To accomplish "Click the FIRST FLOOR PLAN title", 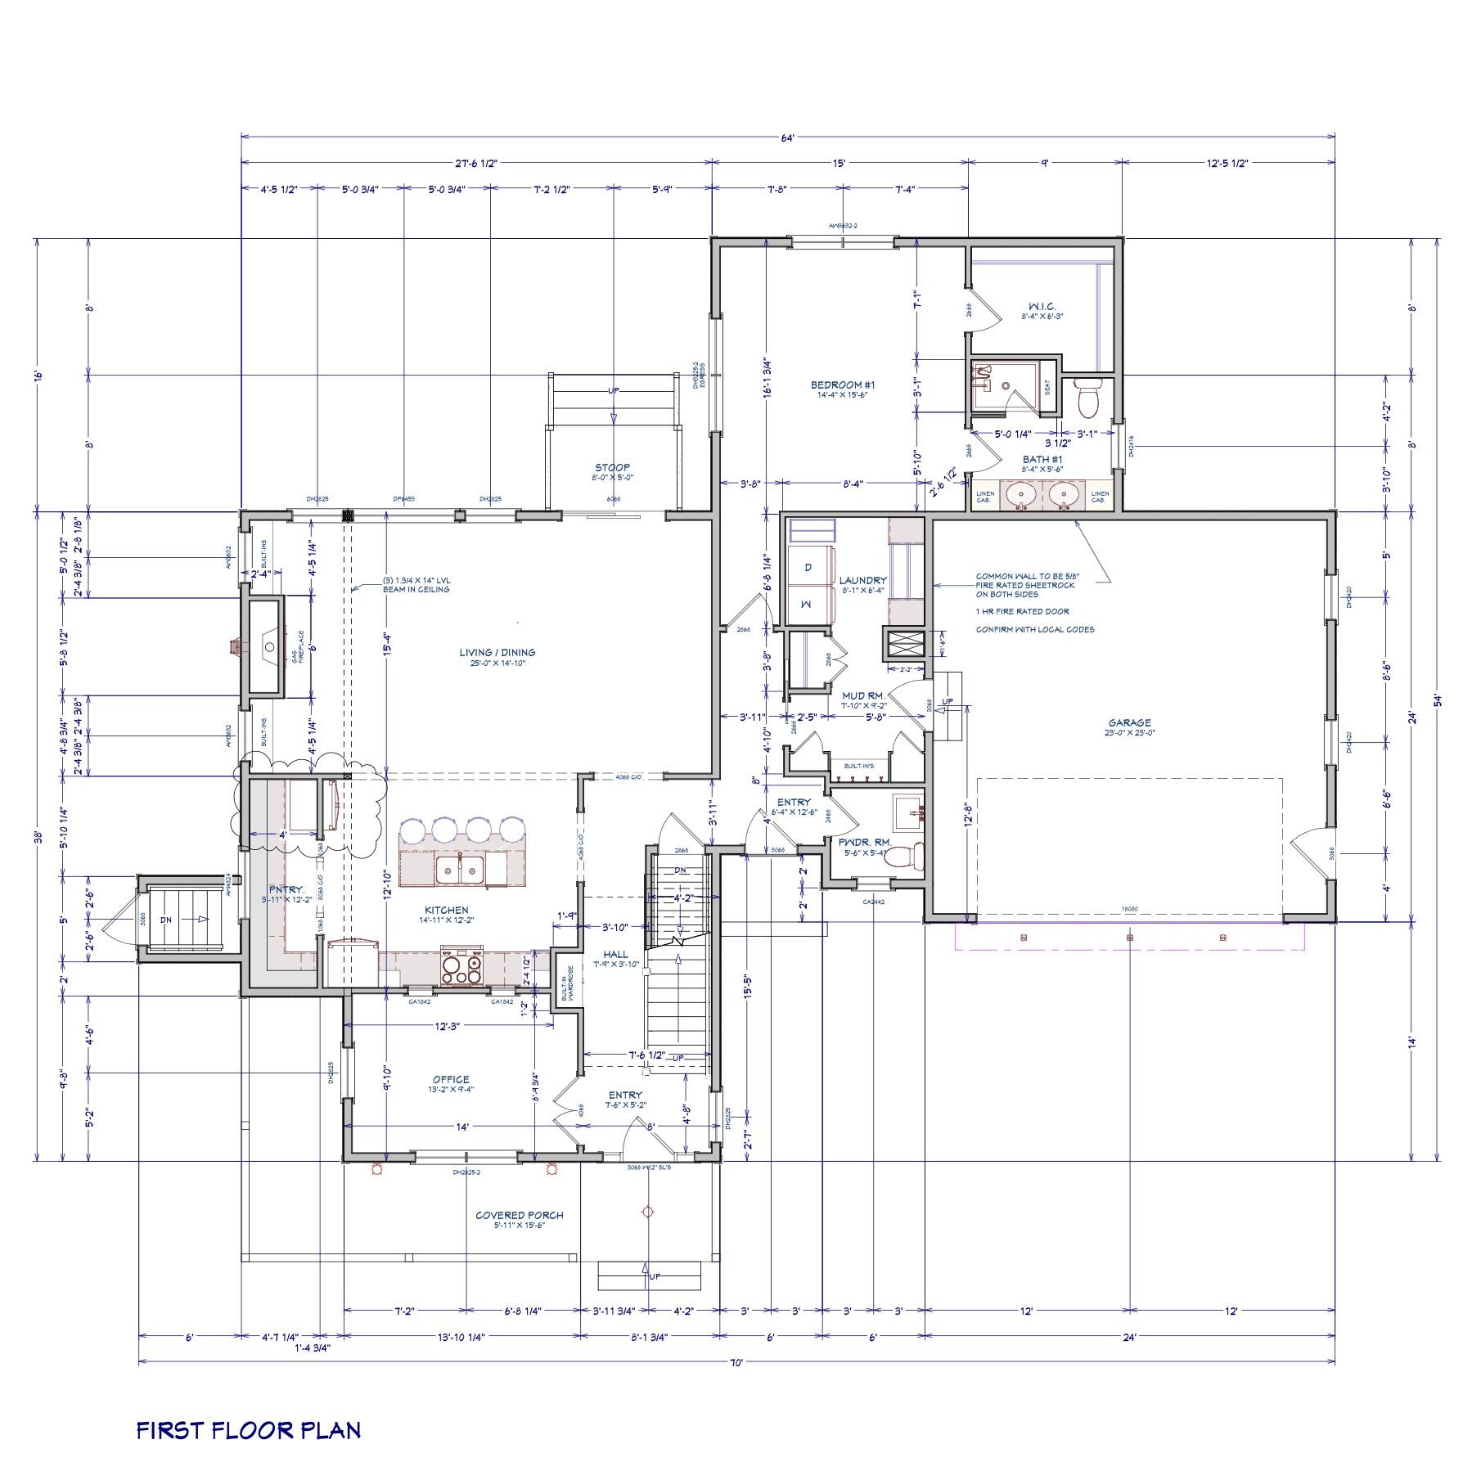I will click(248, 1430).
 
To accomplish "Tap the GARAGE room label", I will click(1129, 723).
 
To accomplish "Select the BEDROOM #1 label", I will click(843, 385).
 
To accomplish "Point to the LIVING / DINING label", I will click(497, 653).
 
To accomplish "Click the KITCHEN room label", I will click(446, 910).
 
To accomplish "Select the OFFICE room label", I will click(451, 1079).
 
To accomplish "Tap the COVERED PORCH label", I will click(519, 1215).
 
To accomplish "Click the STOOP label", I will click(612, 468).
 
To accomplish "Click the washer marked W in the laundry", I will click(807, 604).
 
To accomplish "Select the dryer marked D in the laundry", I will click(807, 567).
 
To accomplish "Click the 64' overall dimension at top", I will click(787, 138).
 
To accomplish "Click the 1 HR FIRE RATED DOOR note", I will click(1021, 611).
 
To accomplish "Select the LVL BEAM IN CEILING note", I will click(416, 585).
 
